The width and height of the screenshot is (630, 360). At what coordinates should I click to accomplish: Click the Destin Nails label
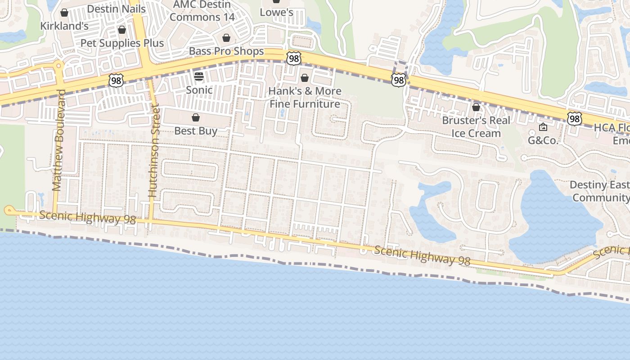click(x=116, y=9)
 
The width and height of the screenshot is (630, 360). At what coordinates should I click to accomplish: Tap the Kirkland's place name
click(x=64, y=26)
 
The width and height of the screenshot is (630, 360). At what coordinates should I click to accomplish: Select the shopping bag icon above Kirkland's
click(x=64, y=13)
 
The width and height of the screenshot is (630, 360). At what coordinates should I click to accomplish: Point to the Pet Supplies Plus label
click(x=122, y=43)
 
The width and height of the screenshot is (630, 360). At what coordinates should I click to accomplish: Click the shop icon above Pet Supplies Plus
click(x=122, y=30)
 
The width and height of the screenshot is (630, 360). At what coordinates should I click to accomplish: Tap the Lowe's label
click(x=276, y=12)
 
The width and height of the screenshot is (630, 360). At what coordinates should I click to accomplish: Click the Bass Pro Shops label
click(x=226, y=51)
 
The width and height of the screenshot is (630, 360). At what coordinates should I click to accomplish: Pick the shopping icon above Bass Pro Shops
click(x=226, y=38)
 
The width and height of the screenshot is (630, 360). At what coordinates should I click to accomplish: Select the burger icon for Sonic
click(x=199, y=76)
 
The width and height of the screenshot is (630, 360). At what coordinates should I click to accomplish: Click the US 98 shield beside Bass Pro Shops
click(x=293, y=58)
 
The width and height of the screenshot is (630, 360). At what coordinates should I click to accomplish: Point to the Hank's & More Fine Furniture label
click(x=305, y=97)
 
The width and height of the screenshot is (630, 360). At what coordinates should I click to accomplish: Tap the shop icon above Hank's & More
click(x=305, y=78)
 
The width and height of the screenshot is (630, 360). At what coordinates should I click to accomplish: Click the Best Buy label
click(x=196, y=131)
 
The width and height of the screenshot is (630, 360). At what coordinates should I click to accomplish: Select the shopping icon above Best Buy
click(x=196, y=117)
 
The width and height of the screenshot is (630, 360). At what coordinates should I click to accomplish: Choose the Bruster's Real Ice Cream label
click(x=476, y=127)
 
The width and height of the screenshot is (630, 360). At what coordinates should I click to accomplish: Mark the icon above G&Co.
click(x=543, y=127)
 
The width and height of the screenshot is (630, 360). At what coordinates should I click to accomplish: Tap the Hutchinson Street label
click(x=154, y=151)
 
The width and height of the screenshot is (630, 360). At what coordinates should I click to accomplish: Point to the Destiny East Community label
click(x=600, y=191)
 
